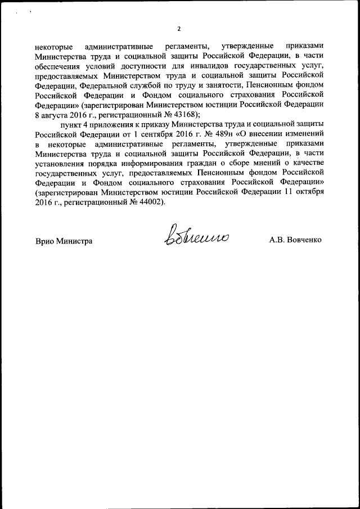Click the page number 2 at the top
click(179, 29)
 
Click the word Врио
click(44, 241)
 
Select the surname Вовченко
click(307, 241)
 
